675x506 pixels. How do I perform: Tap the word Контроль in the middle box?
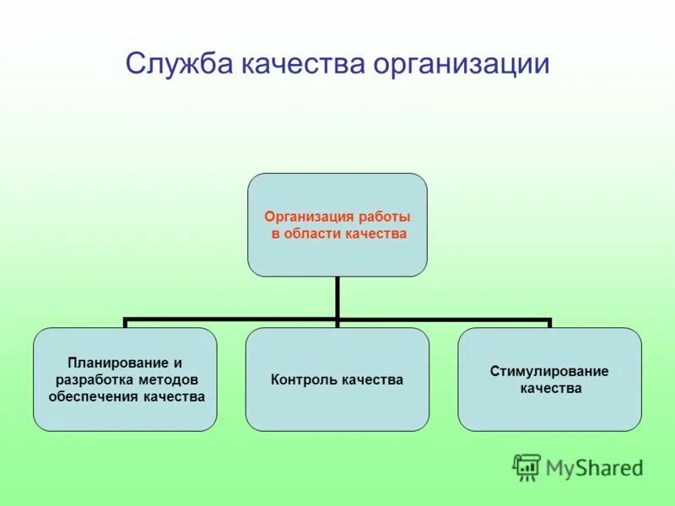coord(305,379)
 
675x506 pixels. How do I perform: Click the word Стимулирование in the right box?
coord(549,371)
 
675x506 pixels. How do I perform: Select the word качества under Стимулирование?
coord(549,388)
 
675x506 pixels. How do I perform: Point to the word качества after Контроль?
coord(372,379)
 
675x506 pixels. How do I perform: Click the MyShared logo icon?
coord(526,466)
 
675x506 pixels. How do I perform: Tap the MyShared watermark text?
coord(594,466)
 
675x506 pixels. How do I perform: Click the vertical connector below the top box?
coord(337,297)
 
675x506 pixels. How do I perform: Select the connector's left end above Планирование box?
coord(125,322)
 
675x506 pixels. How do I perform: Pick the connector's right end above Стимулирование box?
coord(549,322)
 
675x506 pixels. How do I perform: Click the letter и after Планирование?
coord(178,363)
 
